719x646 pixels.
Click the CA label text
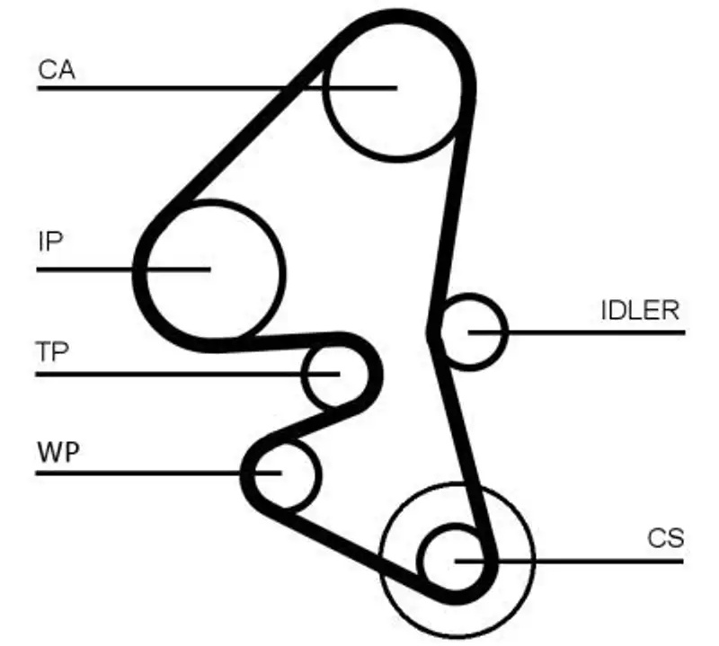[56, 69]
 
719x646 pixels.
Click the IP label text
[51, 242]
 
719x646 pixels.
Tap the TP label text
[53, 351]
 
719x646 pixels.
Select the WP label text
[58, 449]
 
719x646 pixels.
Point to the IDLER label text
[639, 311]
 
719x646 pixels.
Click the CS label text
[665, 539]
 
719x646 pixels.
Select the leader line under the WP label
[135, 473]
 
